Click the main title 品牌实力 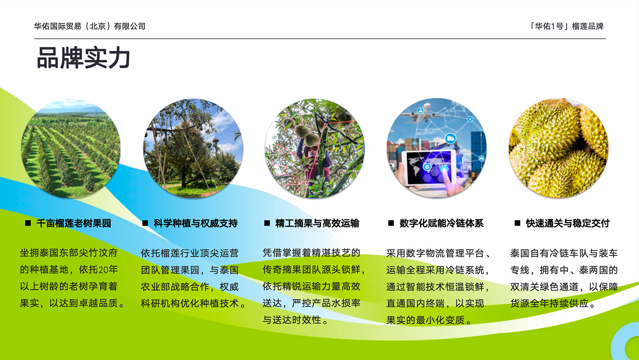pyautogui.click(x=83, y=58)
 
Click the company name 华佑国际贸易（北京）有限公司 pyautogui.click(x=89, y=26)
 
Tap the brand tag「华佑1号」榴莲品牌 pyautogui.click(x=566, y=26)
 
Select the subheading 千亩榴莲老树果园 pyautogui.click(x=73, y=223)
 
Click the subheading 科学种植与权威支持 pyautogui.click(x=195, y=223)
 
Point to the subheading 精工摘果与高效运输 pyautogui.click(x=317, y=223)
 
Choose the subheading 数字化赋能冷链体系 pyautogui.click(x=441, y=223)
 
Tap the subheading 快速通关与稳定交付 pyautogui.click(x=568, y=223)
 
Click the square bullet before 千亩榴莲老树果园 pyautogui.click(x=28, y=223)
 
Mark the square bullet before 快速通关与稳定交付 pyautogui.click(x=517, y=223)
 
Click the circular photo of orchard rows pyautogui.click(x=71, y=148)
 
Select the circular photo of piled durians pyautogui.click(x=559, y=148)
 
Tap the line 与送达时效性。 pyautogui.click(x=296, y=320)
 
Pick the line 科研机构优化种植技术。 pyautogui.click(x=194, y=303)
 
